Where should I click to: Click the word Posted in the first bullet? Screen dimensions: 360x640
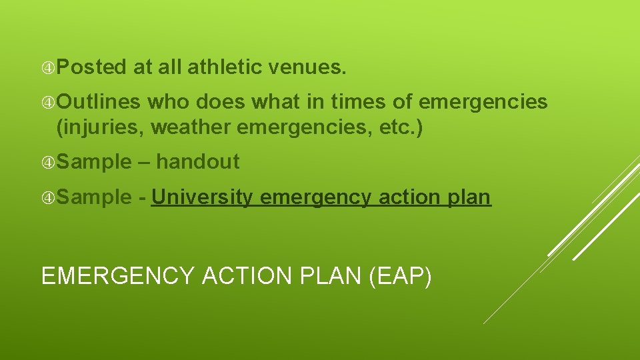(91, 67)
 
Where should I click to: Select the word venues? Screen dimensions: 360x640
(307, 67)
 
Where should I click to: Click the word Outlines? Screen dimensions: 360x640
(98, 102)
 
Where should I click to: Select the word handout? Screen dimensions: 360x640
(198, 161)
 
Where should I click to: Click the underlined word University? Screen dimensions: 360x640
(203, 197)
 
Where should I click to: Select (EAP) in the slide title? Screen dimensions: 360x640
(399, 275)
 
